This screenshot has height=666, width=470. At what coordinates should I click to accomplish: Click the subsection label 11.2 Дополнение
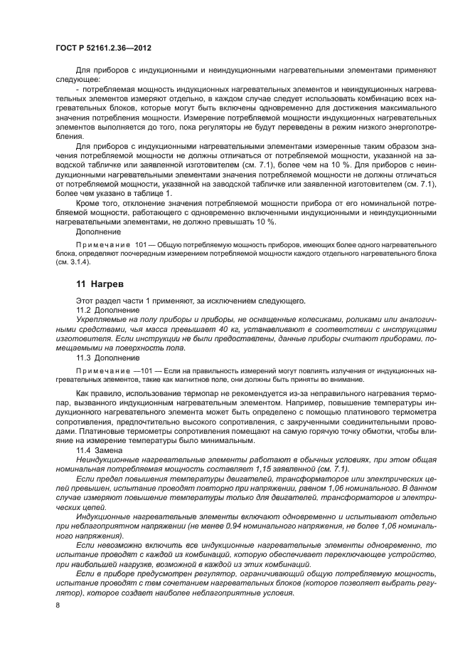[x=103, y=311]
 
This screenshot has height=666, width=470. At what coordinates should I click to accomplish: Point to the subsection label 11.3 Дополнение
[x=103, y=358]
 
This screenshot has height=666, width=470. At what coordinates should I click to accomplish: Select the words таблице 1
[x=151, y=194]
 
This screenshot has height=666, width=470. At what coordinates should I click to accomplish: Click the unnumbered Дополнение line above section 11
[x=98, y=232]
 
